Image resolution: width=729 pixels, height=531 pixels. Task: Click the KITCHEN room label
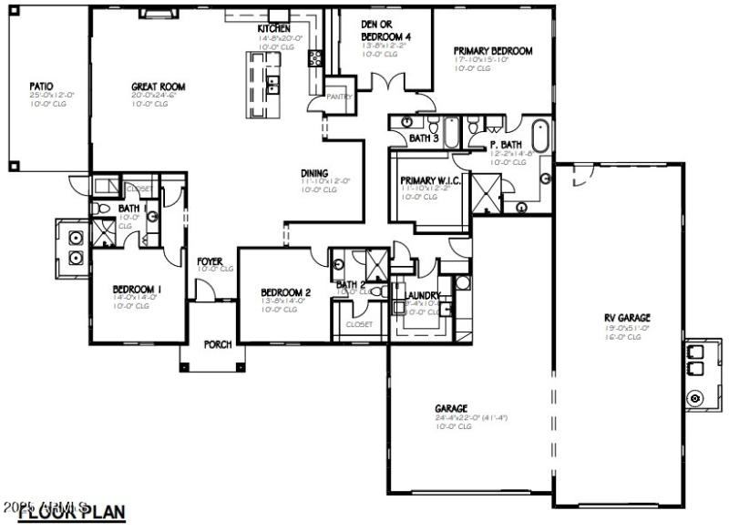point(273,29)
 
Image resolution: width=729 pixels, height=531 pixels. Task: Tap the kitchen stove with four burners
point(315,58)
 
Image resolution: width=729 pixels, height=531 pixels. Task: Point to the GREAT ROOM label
point(159,87)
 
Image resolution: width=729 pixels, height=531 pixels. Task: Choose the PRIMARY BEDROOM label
point(493,52)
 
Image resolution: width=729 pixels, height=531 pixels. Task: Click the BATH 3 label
point(424,138)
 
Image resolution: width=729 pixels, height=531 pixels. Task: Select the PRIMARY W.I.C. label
point(430,180)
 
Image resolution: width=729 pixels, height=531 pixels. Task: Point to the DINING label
point(315,173)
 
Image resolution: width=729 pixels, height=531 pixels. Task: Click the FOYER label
point(210,261)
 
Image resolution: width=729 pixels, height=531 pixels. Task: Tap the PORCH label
point(218,344)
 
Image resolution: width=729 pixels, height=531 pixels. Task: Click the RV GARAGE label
point(627,320)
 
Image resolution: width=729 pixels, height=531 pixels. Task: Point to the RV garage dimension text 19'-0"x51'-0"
point(627,329)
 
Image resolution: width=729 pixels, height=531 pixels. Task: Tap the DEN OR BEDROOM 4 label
point(383,30)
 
